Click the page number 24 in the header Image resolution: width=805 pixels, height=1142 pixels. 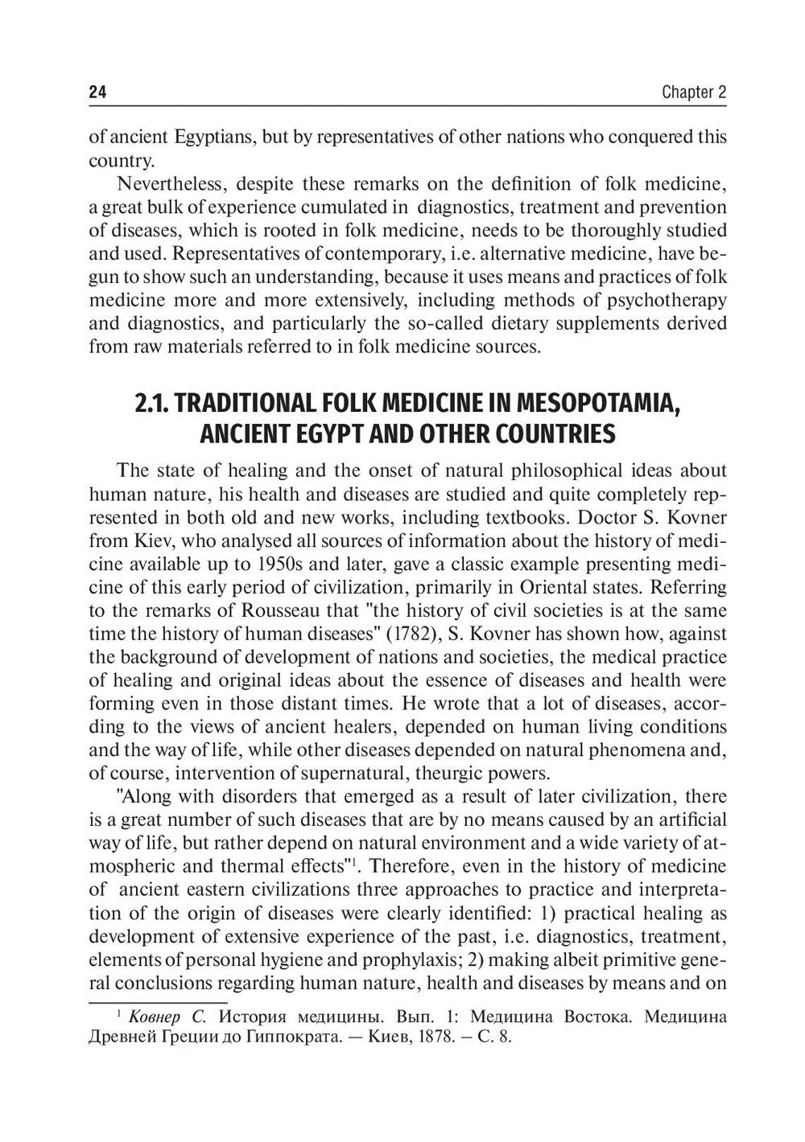97,92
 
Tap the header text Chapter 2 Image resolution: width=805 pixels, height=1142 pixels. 694,92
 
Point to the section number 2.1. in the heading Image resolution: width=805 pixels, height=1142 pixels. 155,401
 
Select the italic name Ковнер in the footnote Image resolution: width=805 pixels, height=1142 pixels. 157,1016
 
